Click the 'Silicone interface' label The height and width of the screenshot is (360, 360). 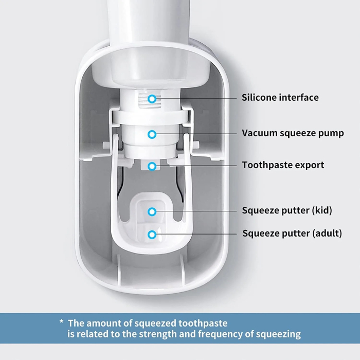[280, 98]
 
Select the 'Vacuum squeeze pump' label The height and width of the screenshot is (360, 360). [293, 133]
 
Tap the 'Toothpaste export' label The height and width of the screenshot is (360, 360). [283, 165]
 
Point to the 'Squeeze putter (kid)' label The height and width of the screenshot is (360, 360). [287, 210]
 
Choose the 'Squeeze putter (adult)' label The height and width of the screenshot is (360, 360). [292, 233]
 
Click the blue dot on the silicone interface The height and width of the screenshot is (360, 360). [152, 98]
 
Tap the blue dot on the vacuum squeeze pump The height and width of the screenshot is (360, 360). [152, 134]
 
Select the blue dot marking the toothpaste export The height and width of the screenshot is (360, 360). [152, 166]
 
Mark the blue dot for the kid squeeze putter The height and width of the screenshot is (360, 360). [152, 211]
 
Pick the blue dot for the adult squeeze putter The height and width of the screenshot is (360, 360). [152, 234]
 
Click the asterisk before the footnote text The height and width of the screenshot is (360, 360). [61, 322]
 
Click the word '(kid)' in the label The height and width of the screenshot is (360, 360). [321, 210]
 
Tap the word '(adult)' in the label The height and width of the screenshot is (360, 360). [327, 233]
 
